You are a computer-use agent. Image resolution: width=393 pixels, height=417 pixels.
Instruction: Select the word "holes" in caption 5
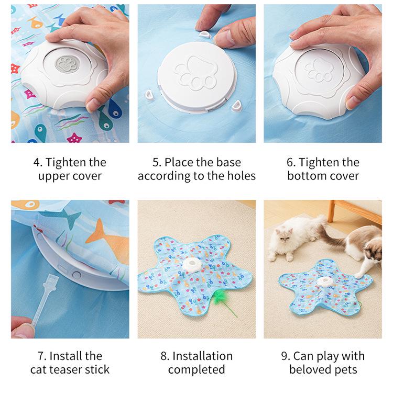tap(239, 176)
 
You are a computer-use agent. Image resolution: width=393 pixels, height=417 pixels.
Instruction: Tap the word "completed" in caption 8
tap(196, 369)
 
